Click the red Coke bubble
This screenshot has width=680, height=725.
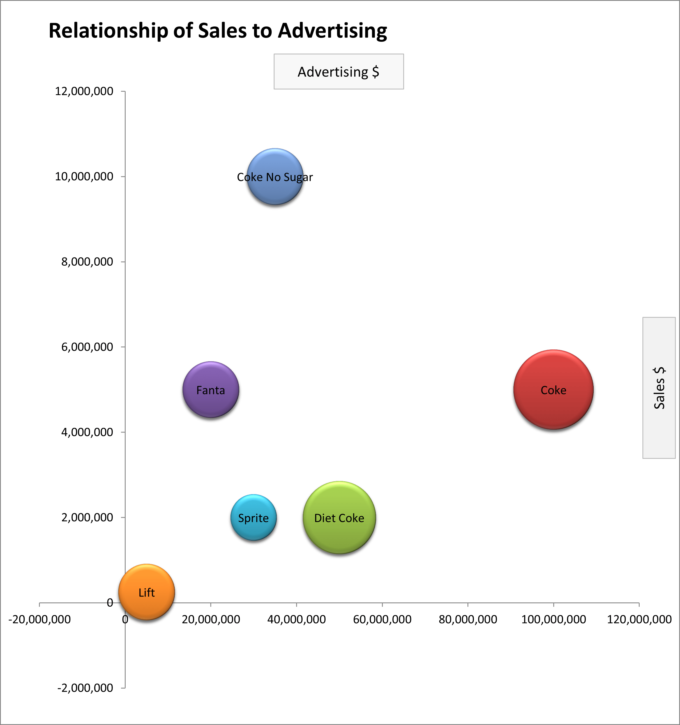[553, 390]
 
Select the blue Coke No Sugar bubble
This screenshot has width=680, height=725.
[275, 176]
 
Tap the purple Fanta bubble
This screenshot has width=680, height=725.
[211, 390]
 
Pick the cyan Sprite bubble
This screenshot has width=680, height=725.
[253, 517]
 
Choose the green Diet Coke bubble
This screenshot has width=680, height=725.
[339, 517]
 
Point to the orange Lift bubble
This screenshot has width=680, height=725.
[147, 592]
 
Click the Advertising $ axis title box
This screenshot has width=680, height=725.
[339, 72]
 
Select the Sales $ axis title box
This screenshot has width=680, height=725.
[659, 388]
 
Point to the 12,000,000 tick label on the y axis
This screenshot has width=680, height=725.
[84, 91]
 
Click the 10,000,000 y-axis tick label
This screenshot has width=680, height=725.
[84, 176]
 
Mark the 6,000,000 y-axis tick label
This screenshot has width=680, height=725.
[87, 347]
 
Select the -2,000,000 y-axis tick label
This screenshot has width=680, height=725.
[85, 688]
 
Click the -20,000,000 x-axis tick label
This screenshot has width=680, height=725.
[39, 619]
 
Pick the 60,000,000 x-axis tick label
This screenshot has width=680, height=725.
[382, 619]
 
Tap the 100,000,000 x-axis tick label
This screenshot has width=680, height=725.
[554, 619]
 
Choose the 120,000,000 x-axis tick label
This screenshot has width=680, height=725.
[639, 619]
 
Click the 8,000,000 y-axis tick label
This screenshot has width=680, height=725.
[87, 261]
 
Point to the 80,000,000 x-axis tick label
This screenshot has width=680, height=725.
[468, 619]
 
